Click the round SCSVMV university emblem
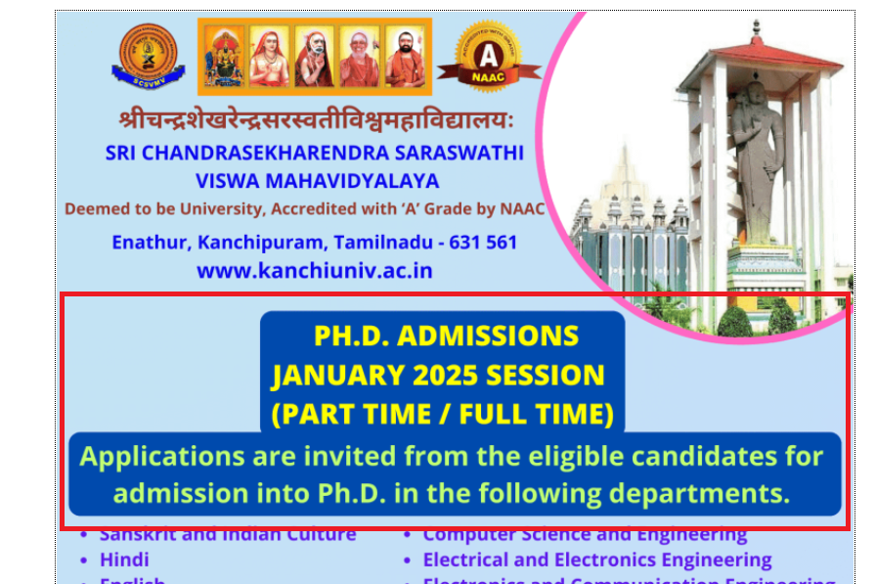(x=148, y=55)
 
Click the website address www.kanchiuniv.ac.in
(x=315, y=270)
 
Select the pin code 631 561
(x=482, y=242)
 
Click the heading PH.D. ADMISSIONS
(x=446, y=336)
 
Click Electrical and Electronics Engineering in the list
(x=596, y=560)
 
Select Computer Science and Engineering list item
(x=585, y=534)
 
